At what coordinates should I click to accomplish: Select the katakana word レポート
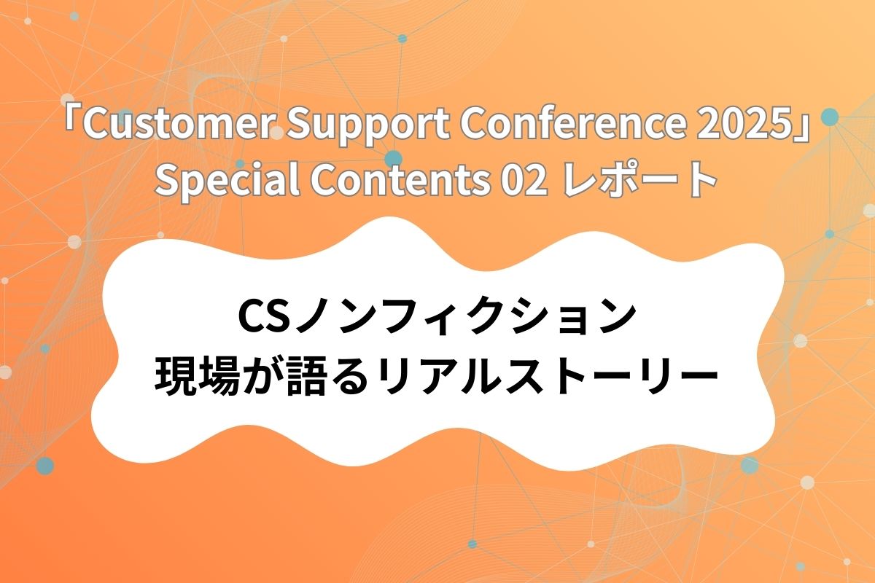pos(642,181)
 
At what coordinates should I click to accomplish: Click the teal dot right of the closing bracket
pos(829,117)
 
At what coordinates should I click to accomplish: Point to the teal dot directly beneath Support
pos(393,158)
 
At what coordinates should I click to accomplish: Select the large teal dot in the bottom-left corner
pos(45,465)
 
